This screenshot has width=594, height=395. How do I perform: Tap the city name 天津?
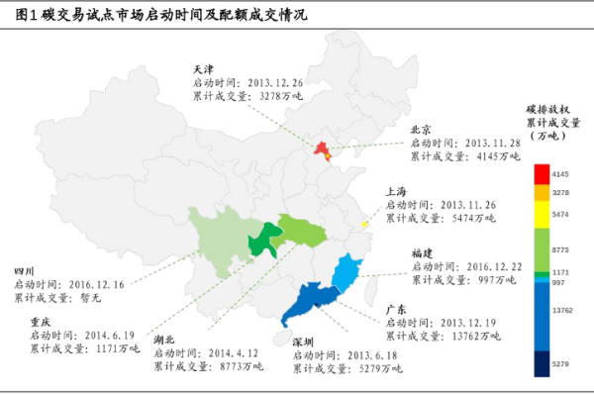(x=203, y=70)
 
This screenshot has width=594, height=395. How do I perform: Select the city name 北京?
(x=421, y=130)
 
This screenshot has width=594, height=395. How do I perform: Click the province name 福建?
(x=422, y=252)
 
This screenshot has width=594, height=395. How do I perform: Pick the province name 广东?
(x=396, y=310)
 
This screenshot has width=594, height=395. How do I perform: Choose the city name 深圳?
(x=303, y=341)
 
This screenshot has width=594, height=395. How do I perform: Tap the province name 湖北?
(x=163, y=339)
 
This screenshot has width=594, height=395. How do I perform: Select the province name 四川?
(x=24, y=269)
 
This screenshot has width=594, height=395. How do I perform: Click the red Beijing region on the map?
(x=321, y=149)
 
